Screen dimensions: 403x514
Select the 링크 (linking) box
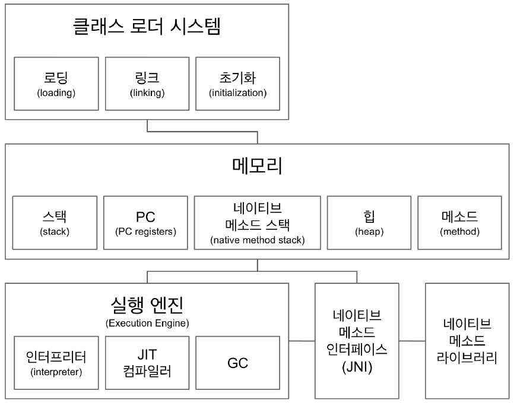pyautogui.click(x=147, y=84)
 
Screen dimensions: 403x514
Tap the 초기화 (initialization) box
pyautogui.click(x=237, y=84)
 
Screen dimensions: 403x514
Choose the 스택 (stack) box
pyautogui.click(x=55, y=223)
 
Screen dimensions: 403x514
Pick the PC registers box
pyautogui.click(x=146, y=223)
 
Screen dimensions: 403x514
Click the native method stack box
pyautogui.click(x=258, y=223)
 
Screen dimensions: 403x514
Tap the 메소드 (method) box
pyautogui.click(x=459, y=223)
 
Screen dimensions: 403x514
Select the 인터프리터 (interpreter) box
pyautogui.click(x=56, y=363)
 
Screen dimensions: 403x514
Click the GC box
pyautogui.click(x=237, y=363)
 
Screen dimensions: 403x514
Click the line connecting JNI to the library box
pyautogui.click(x=413, y=341)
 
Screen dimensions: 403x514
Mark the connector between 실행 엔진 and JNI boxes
pyautogui.click(x=302, y=341)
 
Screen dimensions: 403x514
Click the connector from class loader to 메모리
pyautogui.click(x=202, y=132)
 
